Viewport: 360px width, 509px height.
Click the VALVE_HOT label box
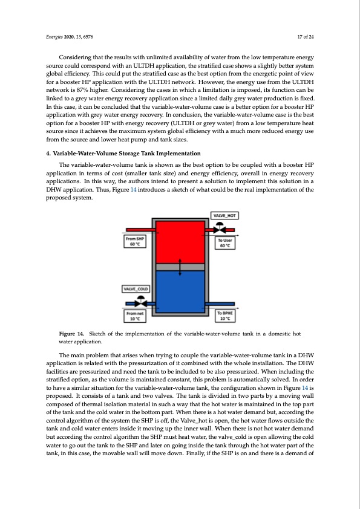(x=225, y=216)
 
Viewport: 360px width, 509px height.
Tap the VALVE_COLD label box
(x=136, y=288)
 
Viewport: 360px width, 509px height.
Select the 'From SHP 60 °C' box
(x=135, y=241)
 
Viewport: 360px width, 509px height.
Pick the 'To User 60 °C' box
(x=225, y=243)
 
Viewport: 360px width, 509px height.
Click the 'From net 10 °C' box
(x=135, y=316)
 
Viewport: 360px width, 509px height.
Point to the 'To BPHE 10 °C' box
(x=225, y=316)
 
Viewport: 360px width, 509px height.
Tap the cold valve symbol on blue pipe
(x=141, y=302)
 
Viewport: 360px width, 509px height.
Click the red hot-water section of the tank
(x=180, y=242)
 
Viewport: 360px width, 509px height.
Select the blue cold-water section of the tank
(x=180, y=291)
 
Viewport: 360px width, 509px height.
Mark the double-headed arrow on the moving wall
(x=180, y=267)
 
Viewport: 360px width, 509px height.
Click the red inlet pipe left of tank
(x=139, y=230)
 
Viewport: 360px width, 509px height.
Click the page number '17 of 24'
(x=306, y=37)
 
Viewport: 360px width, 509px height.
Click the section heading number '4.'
(x=48, y=153)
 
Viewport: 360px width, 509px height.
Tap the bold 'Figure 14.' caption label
(x=71, y=333)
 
